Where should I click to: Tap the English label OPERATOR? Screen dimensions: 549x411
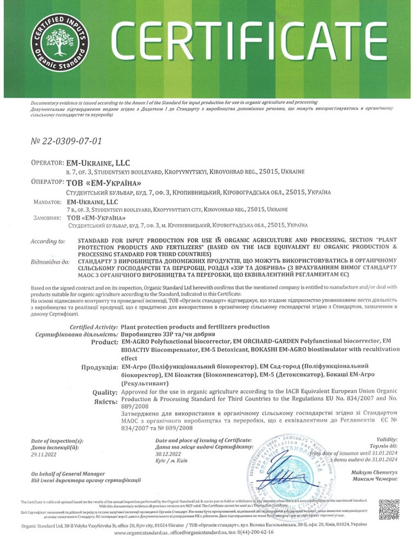[x=47, y=163]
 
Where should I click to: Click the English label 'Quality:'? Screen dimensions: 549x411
[x=105, y=392]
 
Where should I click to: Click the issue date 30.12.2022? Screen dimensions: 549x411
[x=170, y=453]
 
